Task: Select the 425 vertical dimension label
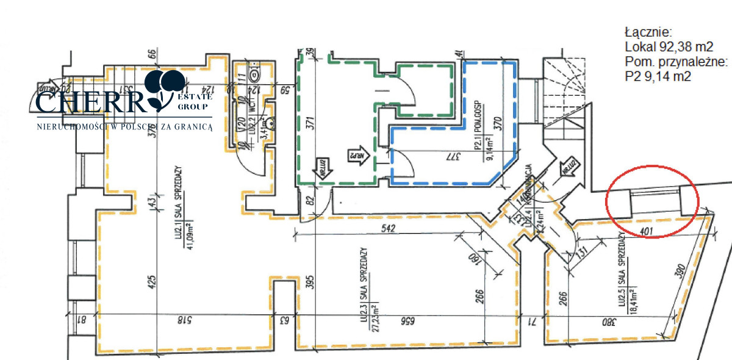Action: pyautogui.click(x=152, y=281)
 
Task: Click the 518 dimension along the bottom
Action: pyautogui.click(x=181, y=319)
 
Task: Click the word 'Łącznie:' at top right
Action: pyautogui.click(x=647, y=31)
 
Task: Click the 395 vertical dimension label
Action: pyautogui.click(x=310, y=282)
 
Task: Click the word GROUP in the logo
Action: pyautogui.click(x=194, y=106)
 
